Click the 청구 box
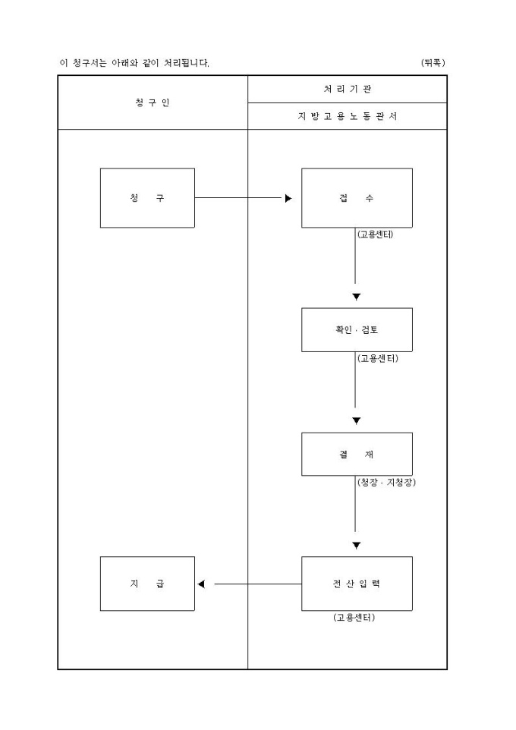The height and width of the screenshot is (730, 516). click(x=147, y=198)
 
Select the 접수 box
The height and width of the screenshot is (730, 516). click(x=357, y=198)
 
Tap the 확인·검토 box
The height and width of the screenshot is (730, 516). click(x=357, y=330)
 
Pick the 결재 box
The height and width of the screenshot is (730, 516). click(x=357, y=454)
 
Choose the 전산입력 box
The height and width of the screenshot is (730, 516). click(x=357, y=584)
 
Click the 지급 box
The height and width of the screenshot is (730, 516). click(x=147, y=584)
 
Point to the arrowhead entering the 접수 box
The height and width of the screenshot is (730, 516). click(x=288, y=199)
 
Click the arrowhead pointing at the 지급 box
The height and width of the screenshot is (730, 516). click(x=201, y=584)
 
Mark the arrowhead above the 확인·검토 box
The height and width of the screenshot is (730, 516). click(x=356, y=297)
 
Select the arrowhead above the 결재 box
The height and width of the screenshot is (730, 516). click(x=356, y=421)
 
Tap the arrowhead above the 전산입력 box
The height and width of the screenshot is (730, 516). click(x=356, y=546)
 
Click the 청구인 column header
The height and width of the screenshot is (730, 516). click(x=153, y=102)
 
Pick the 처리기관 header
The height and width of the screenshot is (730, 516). click(x=347, y=90)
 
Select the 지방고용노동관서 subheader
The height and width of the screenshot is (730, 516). click(x=347, y=116)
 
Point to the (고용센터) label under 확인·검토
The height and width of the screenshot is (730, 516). click(x=377, y=358)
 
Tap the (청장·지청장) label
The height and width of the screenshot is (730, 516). click(x=385, y=482)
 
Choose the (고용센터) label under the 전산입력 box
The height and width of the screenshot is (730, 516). click(x=354, y=618)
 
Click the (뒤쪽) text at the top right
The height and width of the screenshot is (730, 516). click(x=433, y=62)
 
